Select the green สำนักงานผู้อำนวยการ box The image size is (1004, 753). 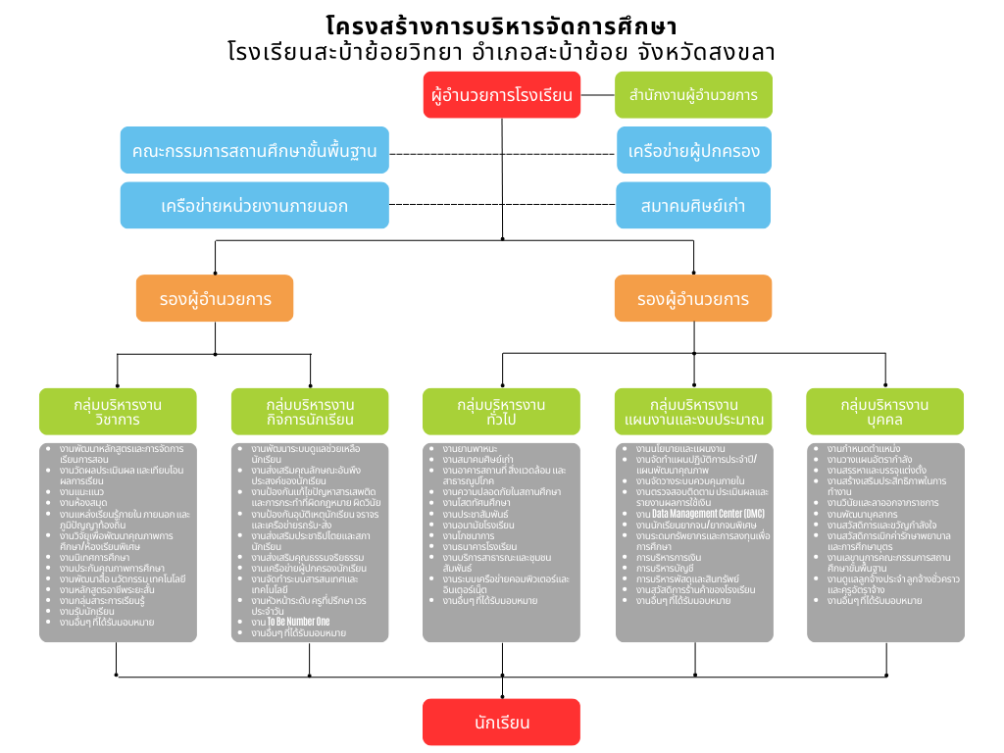pos(693,95)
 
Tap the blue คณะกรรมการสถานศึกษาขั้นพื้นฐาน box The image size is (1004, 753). pos(254,151)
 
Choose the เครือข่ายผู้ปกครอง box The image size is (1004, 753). pos(693,151)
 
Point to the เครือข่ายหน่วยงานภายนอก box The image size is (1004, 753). pos(254,206)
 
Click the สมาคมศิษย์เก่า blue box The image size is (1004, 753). pos(693,206)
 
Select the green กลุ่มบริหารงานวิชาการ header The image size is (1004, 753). pos(118,412)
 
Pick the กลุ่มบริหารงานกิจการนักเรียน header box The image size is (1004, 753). pos(310,412)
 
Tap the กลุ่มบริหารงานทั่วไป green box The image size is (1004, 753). pos(501,412)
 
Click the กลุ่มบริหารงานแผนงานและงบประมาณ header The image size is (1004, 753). pos(693,412)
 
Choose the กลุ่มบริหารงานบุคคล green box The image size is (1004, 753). pos(884,412)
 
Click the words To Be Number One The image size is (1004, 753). pos(298,622)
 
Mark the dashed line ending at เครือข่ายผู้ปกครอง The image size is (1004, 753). pos(502,153)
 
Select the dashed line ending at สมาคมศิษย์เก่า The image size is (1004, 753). pos(502,205)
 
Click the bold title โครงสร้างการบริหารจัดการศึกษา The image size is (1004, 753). pos(501,25)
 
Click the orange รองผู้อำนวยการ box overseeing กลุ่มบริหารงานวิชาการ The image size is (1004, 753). pos(215,298)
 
